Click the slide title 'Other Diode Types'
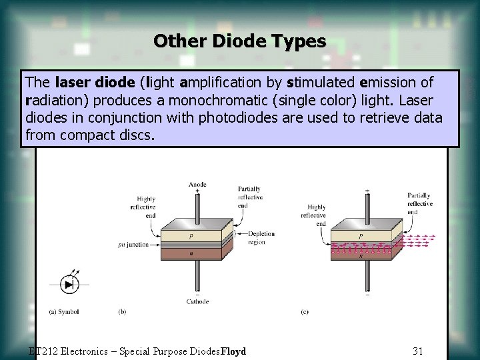pyautogui.click(x=239, y=41)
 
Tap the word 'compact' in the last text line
pyautogui.click(x=89, y=135)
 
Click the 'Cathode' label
pyautogui.click(x=197, y=301)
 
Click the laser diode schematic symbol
pyautogui.click(x=69, y=284)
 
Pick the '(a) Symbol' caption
pyautogui.click(x=65, y=311)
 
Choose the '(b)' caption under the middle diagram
pyautogui.click(x=122, y=311)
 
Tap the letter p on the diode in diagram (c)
pyautogui.click(x=361, y=236)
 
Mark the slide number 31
pyautogui.click(x=418, y=351)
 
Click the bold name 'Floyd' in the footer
pyautogui.click(x=233, y=351)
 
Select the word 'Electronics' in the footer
pyautogui.click(x=81, y=351)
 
